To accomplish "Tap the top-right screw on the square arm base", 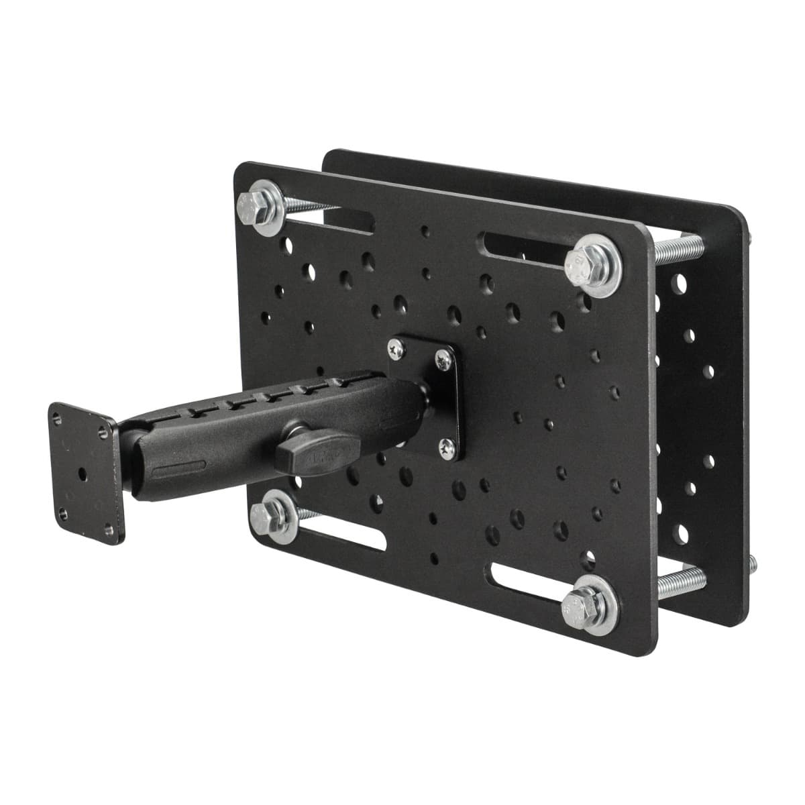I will pyautogui.click(x=443, y=360).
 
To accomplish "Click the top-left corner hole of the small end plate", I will pyautogui.click(x=56, y=415).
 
